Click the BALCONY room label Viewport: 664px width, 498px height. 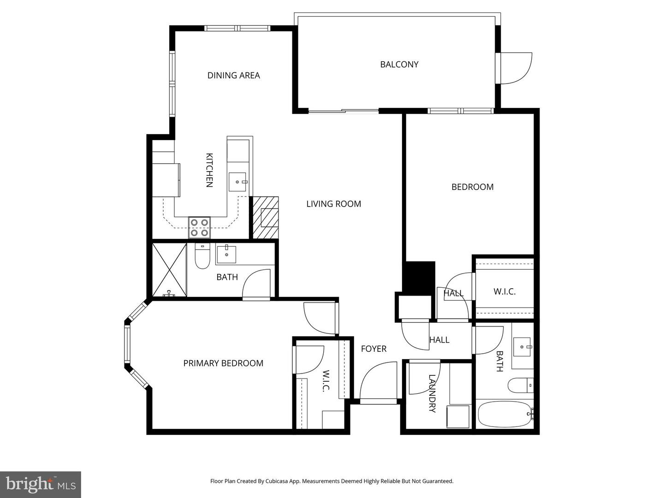399,65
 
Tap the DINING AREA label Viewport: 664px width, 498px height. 233,75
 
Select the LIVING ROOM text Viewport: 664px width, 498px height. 333,204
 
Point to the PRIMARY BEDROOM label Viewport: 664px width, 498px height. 223,363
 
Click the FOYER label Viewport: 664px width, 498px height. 373,349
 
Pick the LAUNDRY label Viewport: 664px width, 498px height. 432,393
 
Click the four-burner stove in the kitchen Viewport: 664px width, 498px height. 199,227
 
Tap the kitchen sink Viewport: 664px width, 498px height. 238,182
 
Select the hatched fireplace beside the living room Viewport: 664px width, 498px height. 266,218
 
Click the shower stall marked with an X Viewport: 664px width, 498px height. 169,270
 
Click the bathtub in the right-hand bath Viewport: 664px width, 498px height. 504,414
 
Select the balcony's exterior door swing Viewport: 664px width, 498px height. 516,68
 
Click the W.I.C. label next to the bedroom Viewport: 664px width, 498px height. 504,292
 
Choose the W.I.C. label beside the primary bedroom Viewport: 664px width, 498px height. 326,381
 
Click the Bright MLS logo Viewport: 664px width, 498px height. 41,484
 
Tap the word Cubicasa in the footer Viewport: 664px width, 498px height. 279,481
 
